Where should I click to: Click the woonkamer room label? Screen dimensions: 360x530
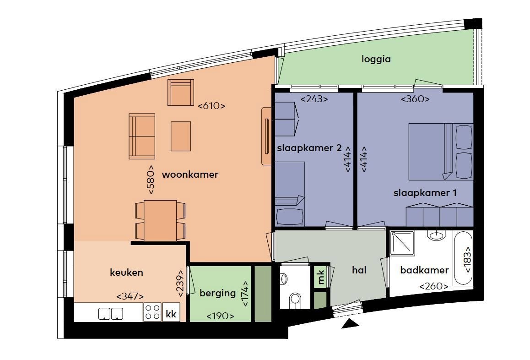click(x=190, y=175)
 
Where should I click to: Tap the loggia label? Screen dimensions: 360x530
click(x=376, y=59)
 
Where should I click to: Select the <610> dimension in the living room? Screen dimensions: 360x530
click(x=211, y=106)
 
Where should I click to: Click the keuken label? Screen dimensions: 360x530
click(x=126, y=273)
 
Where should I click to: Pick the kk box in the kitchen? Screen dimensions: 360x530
click(x=171, y=314)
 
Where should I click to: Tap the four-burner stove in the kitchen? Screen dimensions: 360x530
click(x=152, y=312)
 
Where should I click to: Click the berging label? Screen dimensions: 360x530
click(x=217, y=293)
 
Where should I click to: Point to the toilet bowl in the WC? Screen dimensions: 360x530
click(x=295, y=300)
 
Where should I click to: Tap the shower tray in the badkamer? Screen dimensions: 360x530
click(x=402, y=243)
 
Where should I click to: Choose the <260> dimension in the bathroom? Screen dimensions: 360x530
click(x=434, y=287)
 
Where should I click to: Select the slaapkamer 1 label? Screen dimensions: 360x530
click(x=425, y=193)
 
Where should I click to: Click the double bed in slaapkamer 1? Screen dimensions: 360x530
click(x=439, y=151)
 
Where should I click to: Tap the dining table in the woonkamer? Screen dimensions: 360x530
click(x=160, y=220)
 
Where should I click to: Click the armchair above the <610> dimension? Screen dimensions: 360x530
click(x=181, y=92)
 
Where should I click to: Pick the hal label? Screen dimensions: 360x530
click(x=360, y=270)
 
